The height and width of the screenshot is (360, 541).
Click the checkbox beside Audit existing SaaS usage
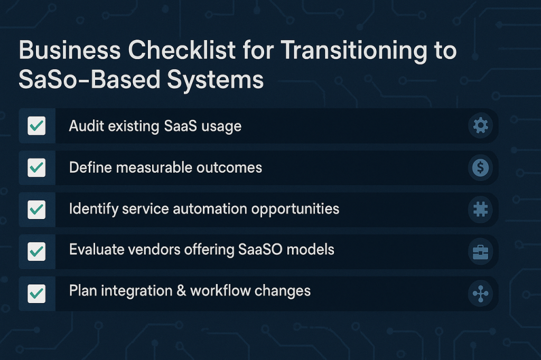tap(36, 126)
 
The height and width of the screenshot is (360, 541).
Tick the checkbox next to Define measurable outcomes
tap(36, 167)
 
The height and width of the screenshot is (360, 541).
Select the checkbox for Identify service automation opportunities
tap(36, 210)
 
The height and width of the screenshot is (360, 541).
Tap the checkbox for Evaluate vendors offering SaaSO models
tap(36, 251)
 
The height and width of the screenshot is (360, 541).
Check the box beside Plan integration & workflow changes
tap(36, 293)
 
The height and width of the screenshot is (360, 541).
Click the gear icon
tap(480, 126)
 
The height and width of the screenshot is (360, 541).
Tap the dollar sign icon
tap(480, 167)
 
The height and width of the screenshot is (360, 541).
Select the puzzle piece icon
tap(480, 210)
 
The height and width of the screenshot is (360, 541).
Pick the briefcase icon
tap(480, 252)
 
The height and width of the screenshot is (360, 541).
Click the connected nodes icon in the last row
tap(480, 294)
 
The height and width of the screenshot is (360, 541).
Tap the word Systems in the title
tap(216, 80)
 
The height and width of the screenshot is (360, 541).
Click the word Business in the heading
tap(70, 50)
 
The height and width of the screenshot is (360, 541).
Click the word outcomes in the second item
tap(229, 167)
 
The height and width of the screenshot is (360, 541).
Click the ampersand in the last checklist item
tap(181, 291)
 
